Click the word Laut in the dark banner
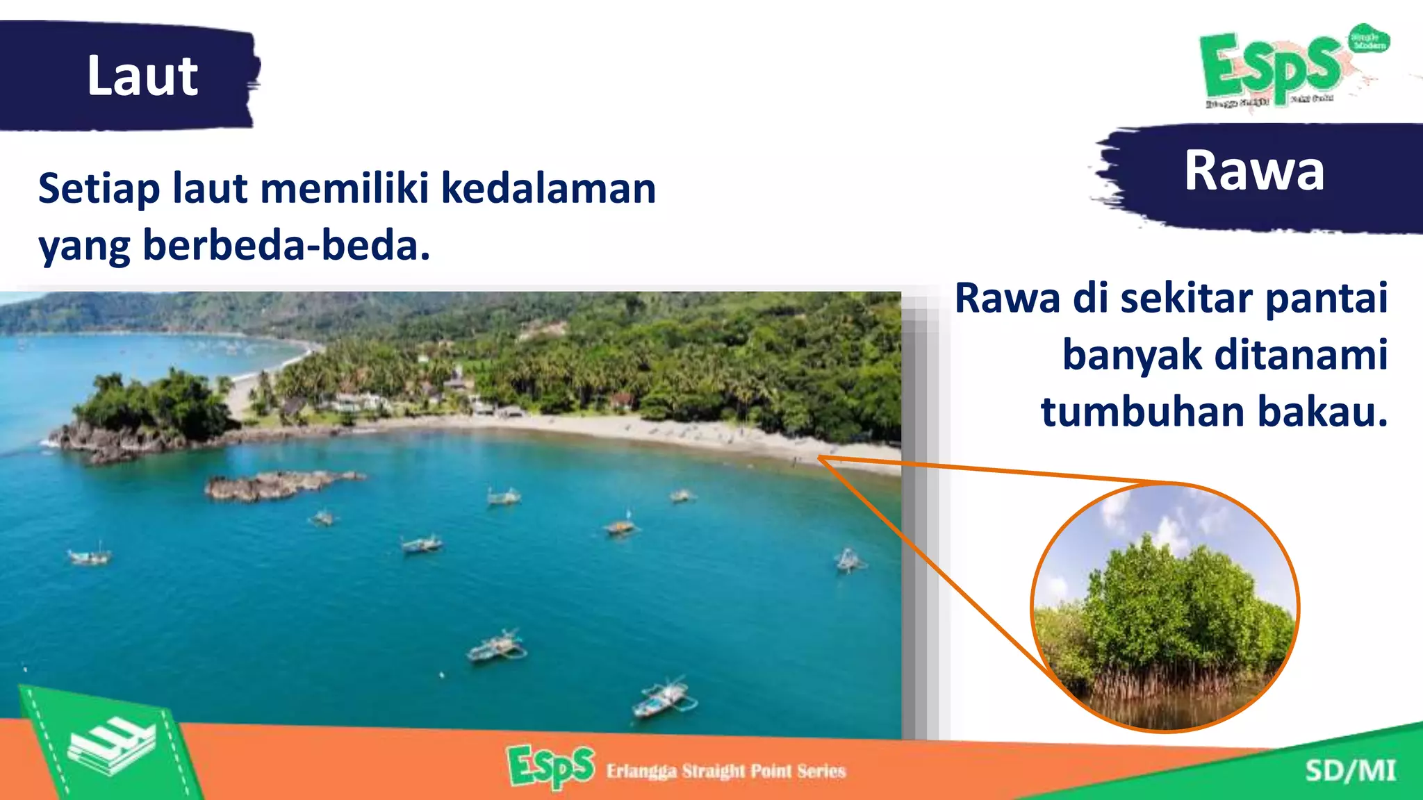coord(142,76)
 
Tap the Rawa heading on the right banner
coord(1254,171)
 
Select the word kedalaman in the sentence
coord(548,189)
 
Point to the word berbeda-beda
coord(286,246)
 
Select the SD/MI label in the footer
coord(1349,771)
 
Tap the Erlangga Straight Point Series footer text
coord(725,771)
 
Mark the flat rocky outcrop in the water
coord(278,485)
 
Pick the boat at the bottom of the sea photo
coord(664,698)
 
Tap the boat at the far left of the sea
coord(89,556)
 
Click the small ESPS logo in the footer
coord(551,767)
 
